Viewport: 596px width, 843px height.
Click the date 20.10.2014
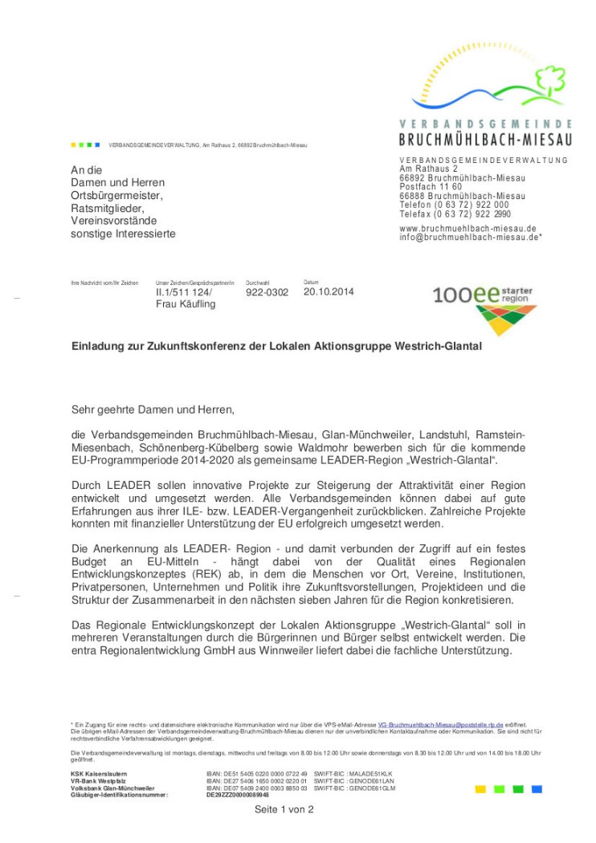click(x=329, y=291)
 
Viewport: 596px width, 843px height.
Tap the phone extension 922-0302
click(x=267, y=292)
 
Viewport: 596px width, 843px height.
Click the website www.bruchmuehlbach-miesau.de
click(x=467, y=228)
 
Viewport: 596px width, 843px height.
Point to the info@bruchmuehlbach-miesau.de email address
click(x=469, y=238)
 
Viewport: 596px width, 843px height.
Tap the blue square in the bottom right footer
click(x=537, y=789)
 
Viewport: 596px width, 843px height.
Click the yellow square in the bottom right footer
click(x=480, y=789)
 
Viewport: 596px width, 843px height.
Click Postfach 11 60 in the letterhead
click(x=431, y=186)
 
